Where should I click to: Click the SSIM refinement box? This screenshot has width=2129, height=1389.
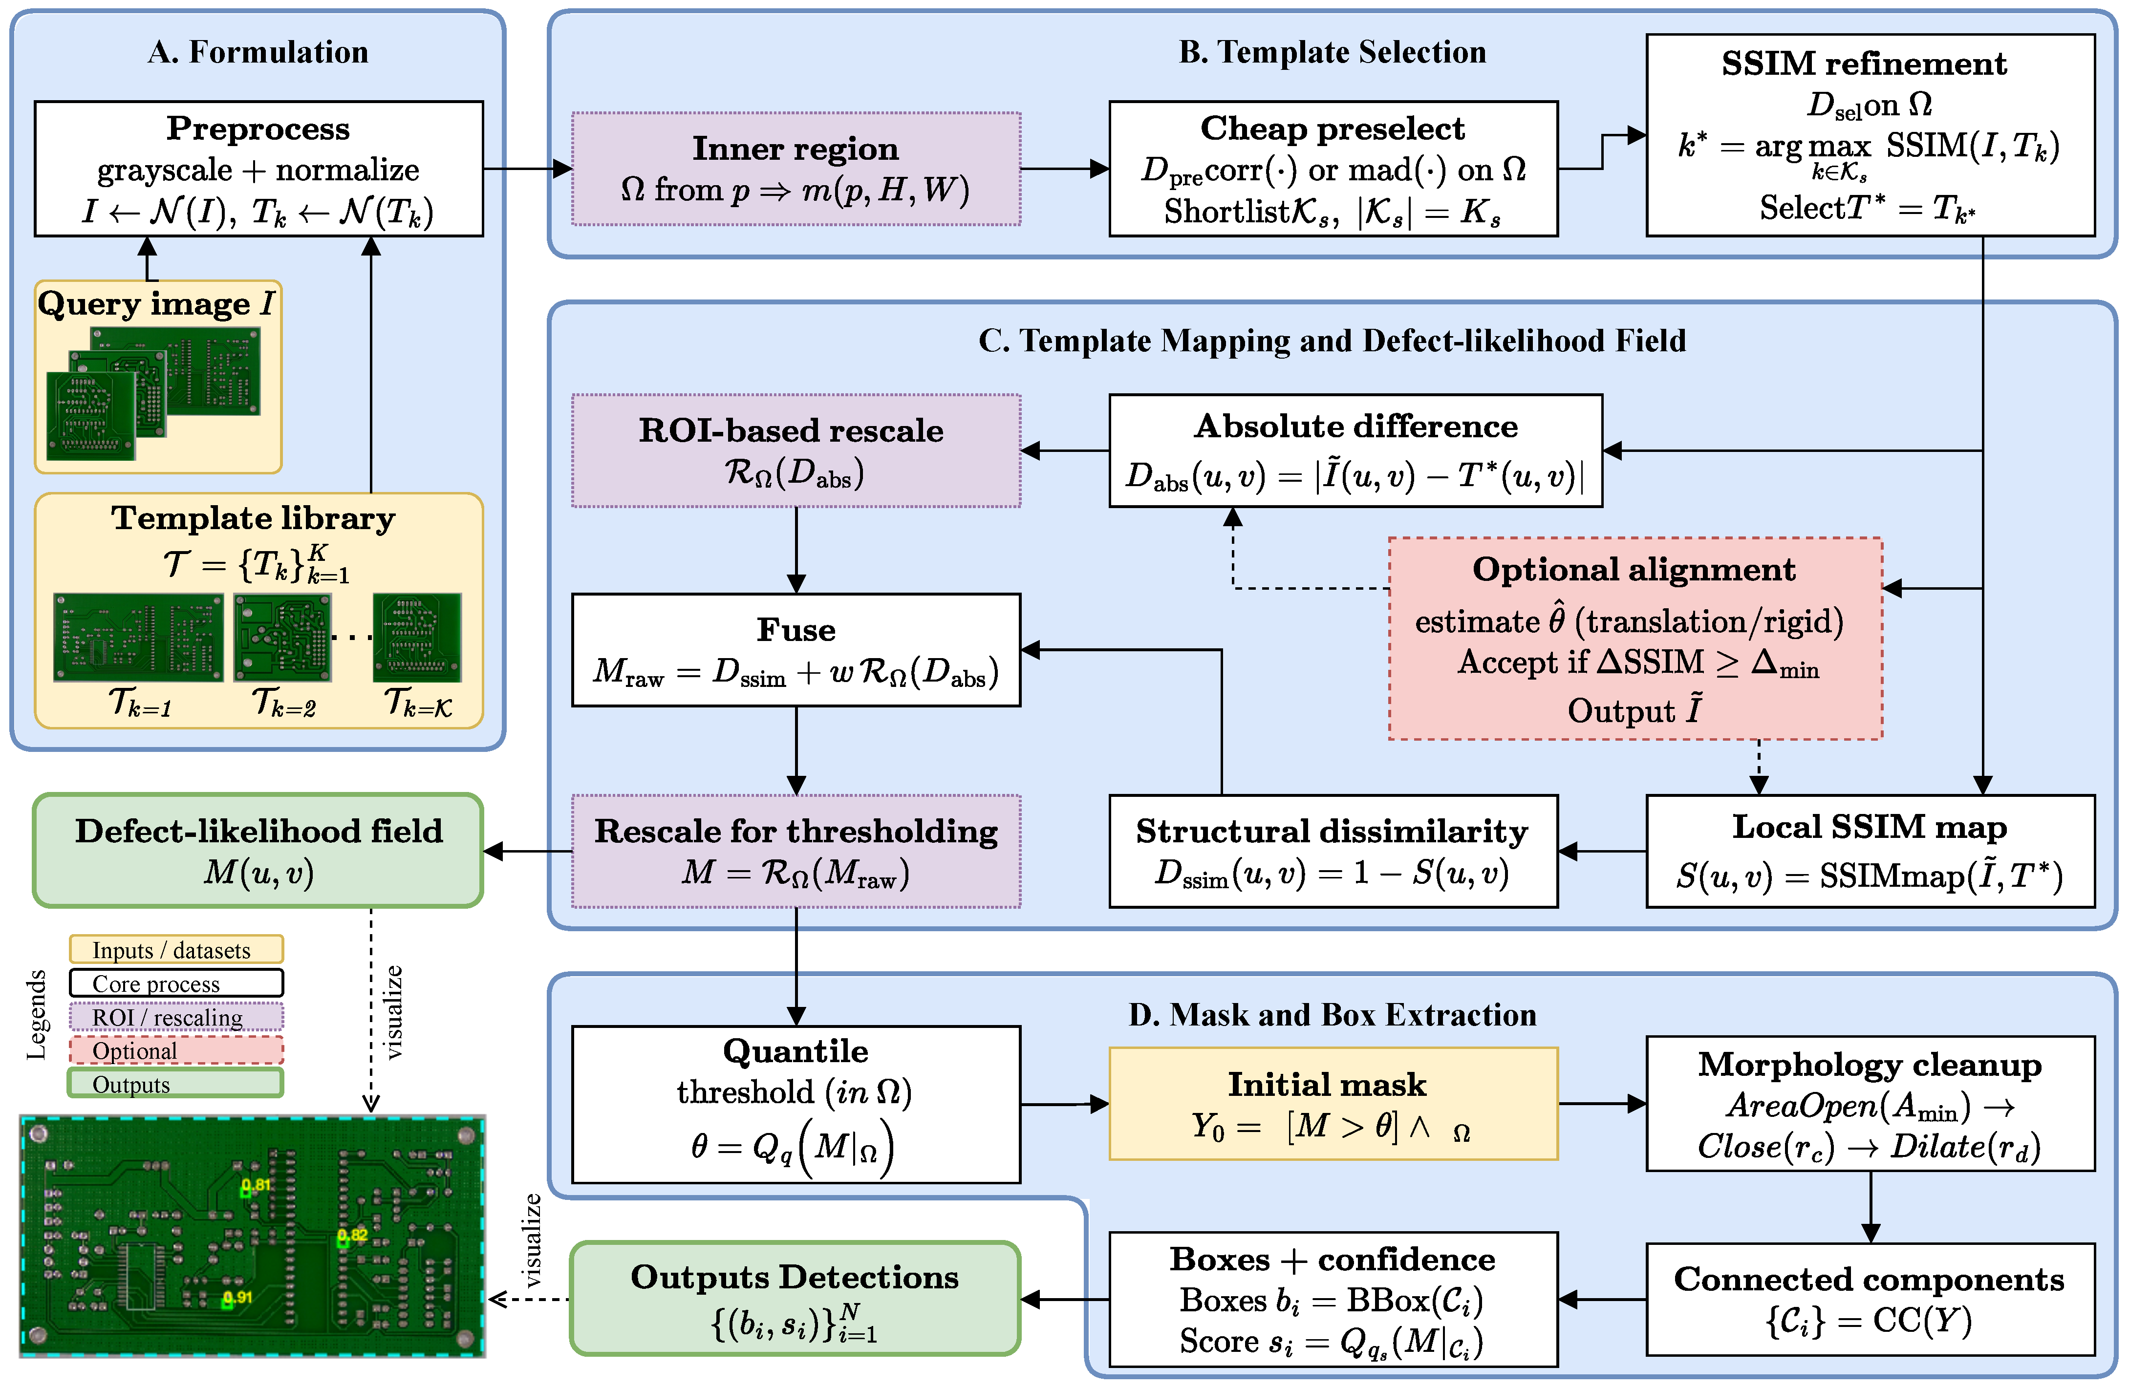[1871, 135]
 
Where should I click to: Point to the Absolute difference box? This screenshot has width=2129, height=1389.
[1355, 451]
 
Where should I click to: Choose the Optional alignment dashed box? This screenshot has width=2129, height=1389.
[1635, 639]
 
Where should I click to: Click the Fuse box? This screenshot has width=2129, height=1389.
[796, 650]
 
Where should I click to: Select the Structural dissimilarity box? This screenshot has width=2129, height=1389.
[1333, 852]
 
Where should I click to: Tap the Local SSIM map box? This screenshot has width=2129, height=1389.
[1871, 852]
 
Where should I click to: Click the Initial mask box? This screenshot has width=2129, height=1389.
[1333, 1104]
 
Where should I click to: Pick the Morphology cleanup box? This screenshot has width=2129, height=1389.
[1871, 1104]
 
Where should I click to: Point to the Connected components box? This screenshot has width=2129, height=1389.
[1871, 1300]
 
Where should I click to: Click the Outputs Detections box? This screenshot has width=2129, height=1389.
[795, 1299]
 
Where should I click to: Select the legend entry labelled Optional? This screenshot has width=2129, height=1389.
[176, 1050]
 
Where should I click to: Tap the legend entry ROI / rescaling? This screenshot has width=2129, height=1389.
[176, 1016]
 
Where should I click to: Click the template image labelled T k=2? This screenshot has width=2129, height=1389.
[282, 638]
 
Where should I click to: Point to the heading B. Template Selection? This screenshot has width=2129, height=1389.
[1333, 52]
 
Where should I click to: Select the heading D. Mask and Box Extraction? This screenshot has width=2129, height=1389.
[1333, 1015]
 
